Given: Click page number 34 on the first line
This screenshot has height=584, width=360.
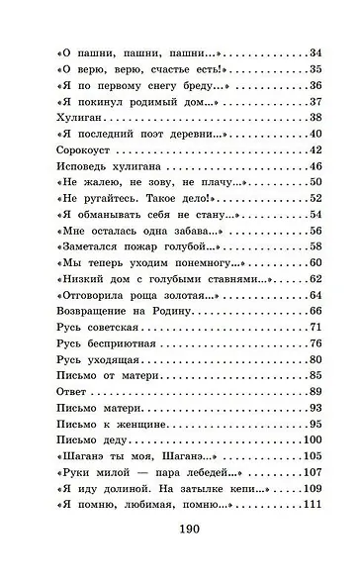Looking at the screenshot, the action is [x=316, y=51].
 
